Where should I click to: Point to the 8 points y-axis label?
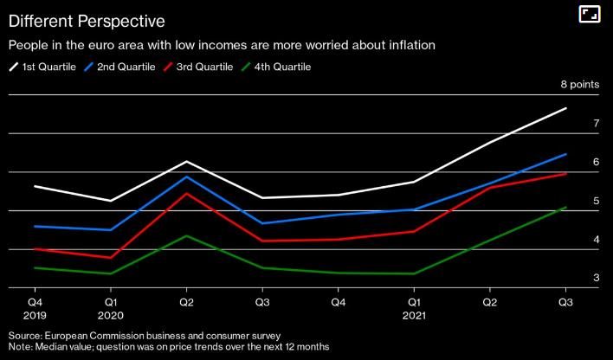tap(580, 85)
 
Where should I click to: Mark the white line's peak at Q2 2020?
tap(186, 162)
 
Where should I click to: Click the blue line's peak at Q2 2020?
tap(186, 177)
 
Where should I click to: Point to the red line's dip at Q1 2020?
tap(110, 258)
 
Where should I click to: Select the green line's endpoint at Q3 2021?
tap(565, 208)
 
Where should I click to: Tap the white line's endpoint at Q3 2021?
tap(565, 108)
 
